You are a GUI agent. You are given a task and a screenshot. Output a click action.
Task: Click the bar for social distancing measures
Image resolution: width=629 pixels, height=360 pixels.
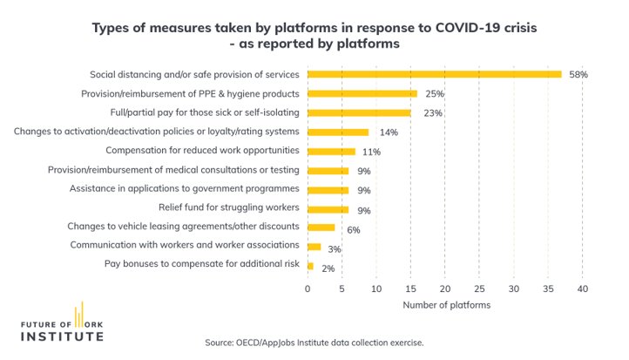435,74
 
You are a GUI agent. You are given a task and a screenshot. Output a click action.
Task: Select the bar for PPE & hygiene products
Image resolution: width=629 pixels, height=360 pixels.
362,93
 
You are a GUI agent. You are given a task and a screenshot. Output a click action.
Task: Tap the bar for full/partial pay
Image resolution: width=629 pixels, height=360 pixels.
359,112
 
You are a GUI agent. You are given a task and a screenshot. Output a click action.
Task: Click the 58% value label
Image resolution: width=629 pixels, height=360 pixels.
578,75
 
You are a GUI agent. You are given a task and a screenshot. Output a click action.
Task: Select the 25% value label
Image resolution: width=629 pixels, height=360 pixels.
434,94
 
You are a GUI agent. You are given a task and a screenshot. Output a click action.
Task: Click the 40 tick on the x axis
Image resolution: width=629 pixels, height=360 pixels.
582,288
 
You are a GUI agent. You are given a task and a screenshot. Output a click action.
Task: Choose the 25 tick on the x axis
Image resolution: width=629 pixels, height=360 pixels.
479,288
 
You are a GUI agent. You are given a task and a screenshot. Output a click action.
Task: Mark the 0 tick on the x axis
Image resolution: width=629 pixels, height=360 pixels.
308,288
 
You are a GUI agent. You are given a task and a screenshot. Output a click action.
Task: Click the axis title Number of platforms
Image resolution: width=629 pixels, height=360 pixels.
445,305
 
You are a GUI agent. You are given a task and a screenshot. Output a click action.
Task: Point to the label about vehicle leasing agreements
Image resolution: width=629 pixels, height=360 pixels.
185,227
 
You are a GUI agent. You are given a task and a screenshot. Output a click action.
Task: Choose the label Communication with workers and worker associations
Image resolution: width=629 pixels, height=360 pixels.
186,246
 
